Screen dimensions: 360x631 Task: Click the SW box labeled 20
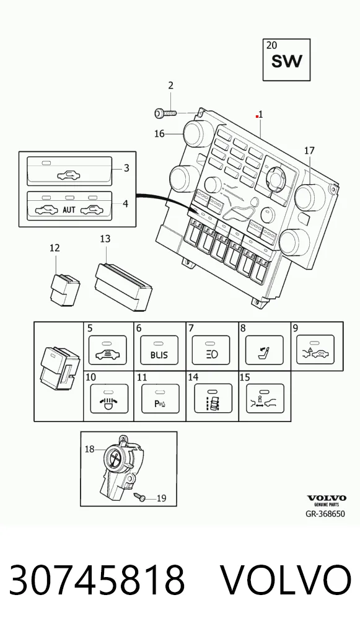[x=286, y=60]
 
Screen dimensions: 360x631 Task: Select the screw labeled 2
[x=165, y=113]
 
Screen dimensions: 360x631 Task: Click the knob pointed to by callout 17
[x=310, y=196]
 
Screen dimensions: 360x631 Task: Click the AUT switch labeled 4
[x=69, y=205]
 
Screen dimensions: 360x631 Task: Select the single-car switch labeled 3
[x=69, y=170]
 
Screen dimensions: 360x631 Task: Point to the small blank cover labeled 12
[x=64, y=289]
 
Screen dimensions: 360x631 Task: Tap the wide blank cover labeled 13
[x=123, y=286]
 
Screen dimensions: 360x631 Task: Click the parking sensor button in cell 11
[x=160, y=399]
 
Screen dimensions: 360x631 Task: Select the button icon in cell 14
[x=213, y=399]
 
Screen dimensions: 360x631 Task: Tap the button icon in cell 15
[x=265, y=399]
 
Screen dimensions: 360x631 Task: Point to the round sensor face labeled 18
[x=115, y=458]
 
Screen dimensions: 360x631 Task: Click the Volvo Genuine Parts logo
[x=327, y=500]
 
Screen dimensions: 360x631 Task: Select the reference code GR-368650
[x=325, y=514]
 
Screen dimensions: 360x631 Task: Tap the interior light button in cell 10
[x=110, y=399]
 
